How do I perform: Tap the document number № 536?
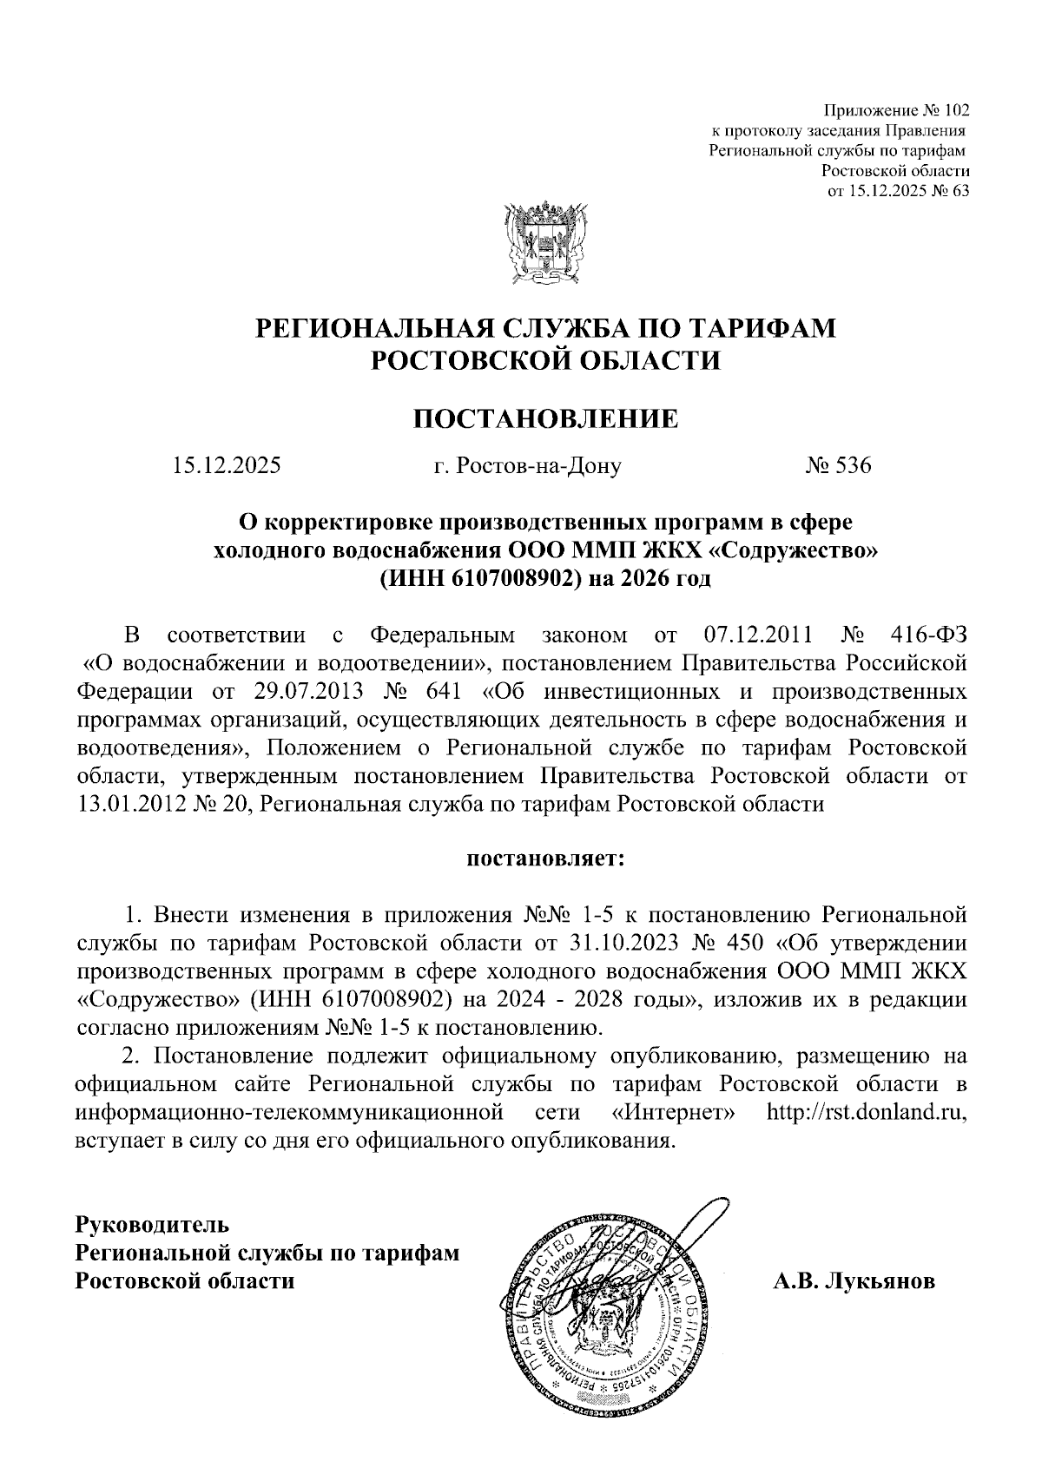pos(837,466)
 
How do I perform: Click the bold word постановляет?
pos(544,860)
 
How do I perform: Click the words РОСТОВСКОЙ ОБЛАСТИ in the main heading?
pos(544,359)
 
